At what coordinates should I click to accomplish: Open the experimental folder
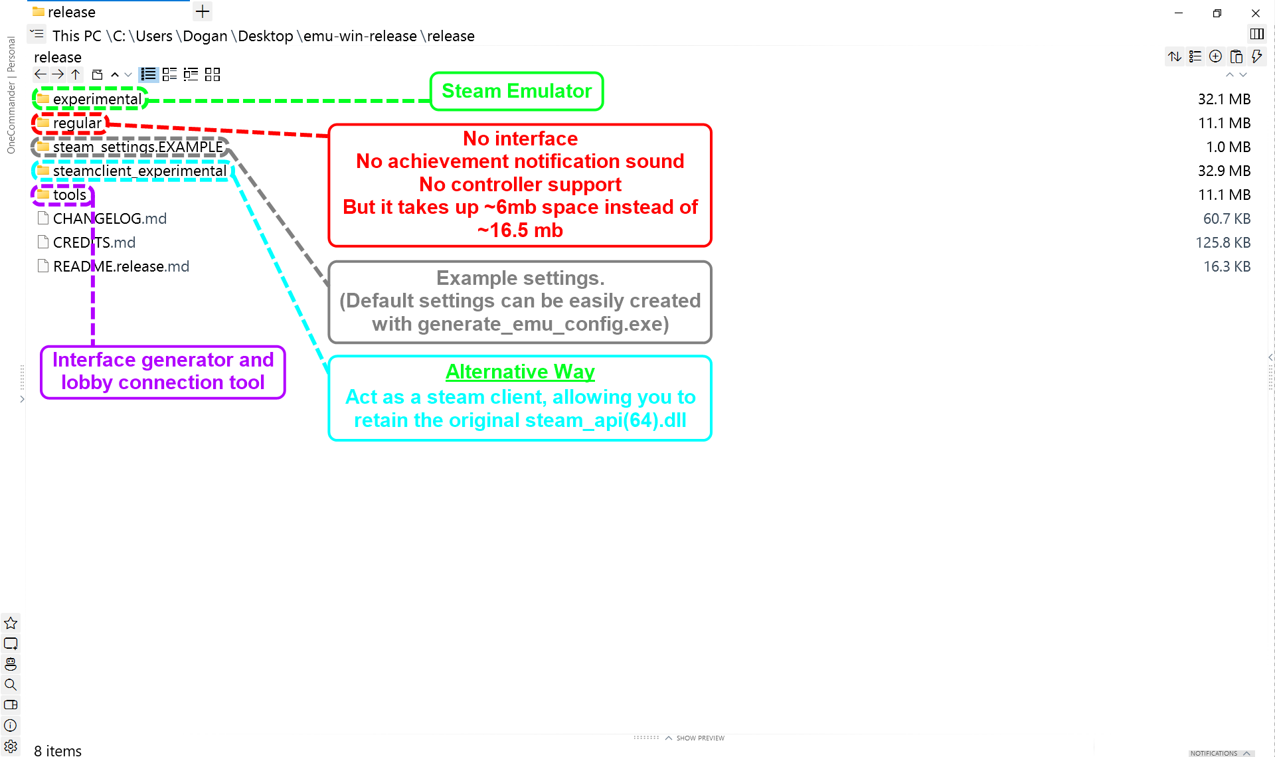[97, 99]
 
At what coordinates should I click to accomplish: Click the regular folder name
[77, 123]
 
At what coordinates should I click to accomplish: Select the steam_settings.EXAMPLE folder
[137, 147]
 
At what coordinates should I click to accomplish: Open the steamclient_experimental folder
[139, 171]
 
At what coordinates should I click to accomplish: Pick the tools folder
[69, 195]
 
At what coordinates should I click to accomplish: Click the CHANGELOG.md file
[110, 218]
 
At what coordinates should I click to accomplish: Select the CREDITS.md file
[94, 242]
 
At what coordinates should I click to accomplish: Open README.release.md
[121, 266]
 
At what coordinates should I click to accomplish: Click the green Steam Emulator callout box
[517, 91]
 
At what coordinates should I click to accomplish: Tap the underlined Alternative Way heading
[520, 371]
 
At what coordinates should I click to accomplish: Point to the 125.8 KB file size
[1223, 242]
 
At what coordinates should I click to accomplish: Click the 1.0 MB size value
[1228, 147]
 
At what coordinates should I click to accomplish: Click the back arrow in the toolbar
[41, 74]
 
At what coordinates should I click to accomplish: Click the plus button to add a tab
[203, 11]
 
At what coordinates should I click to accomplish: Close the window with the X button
[1255, 13]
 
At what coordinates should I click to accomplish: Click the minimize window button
[1179, 13]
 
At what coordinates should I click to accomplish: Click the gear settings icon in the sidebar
[11, 746]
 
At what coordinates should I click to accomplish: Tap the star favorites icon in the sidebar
[11, 623]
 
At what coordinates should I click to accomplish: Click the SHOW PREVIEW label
[700, 738]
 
